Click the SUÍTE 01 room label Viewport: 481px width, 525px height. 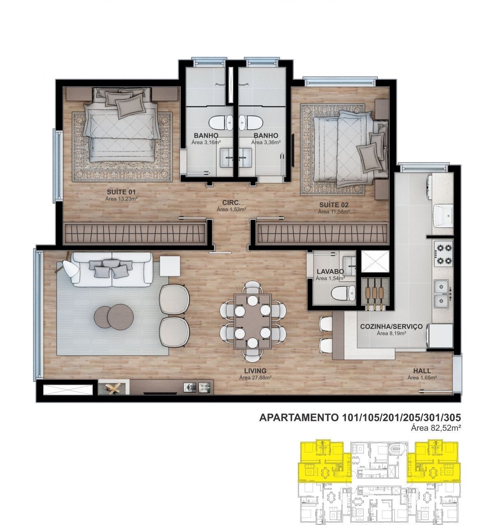click(121, 192)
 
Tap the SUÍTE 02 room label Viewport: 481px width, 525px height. click(334, 205)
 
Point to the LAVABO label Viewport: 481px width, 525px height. click(330, 272)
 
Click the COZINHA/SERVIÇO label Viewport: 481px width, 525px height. click(391, 326)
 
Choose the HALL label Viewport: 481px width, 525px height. click(422, 371)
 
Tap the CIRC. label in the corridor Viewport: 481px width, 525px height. click(231, 202)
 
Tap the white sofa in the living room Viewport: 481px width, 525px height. click(112, 269)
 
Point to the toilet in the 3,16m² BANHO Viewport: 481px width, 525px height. click(221, 123)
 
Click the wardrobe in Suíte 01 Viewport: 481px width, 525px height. click(135, 233)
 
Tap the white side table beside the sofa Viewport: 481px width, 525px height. click(170, 266)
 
